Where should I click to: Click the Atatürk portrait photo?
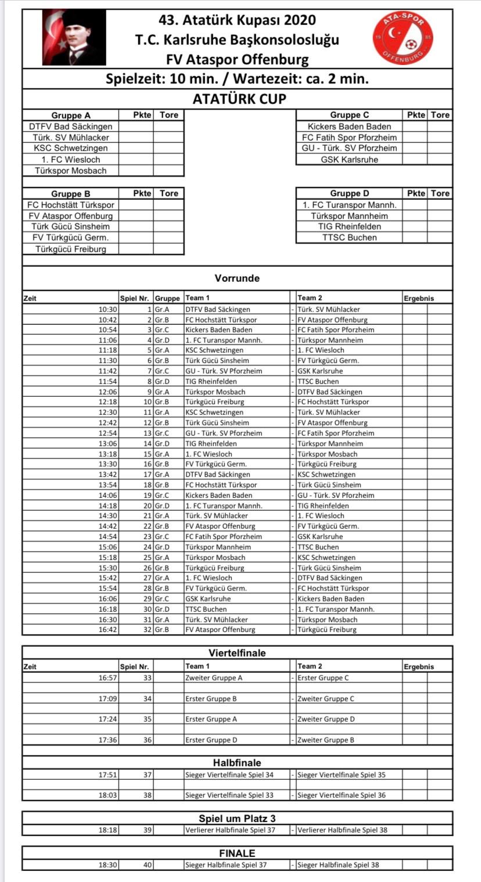pyautogui.click(x=74, y=38)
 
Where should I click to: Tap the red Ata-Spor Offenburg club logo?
pyautogui.click(x=403, y=38)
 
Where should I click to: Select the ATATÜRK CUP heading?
pyautogui.click(x=239, y=99)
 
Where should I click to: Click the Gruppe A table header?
pyautogui.click(x=71, y=115)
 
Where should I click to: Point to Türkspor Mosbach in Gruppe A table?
pyautogui.click(x=71, y=171)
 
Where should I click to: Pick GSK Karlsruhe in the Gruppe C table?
pyautogui.click(x=349, y=160)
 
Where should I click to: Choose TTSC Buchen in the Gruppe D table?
pyautogui.click(x=349, y=238)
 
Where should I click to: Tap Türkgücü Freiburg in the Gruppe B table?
pyautogui.click(x=71, y=249)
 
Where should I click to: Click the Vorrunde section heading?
pyautogui.click(x=237, y=278)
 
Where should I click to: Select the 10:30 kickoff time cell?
pyautogui.click(x=108, y=310)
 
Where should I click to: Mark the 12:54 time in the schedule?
pyautogui.click(x=108, y=433)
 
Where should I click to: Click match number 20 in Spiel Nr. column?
pyautogui.click(x=148, y=505)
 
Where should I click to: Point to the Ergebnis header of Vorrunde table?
pyautogui.click(x=419, y=298)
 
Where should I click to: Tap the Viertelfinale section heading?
pyautogui.click(x=237, y=653)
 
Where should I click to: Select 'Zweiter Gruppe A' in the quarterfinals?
pyautogui.click(x=214, y=678)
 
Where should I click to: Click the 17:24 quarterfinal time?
pyautogui.click(x=108, y=719)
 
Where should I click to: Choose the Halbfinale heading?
pyautogui.click(x=237, y=763)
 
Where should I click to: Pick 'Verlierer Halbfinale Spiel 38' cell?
pyautogui.click(x=342, y=830)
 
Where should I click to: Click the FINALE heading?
pyautogui.click(x=237, y=854)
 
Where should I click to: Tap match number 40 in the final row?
pyautogui.click(x=148, y=865)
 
